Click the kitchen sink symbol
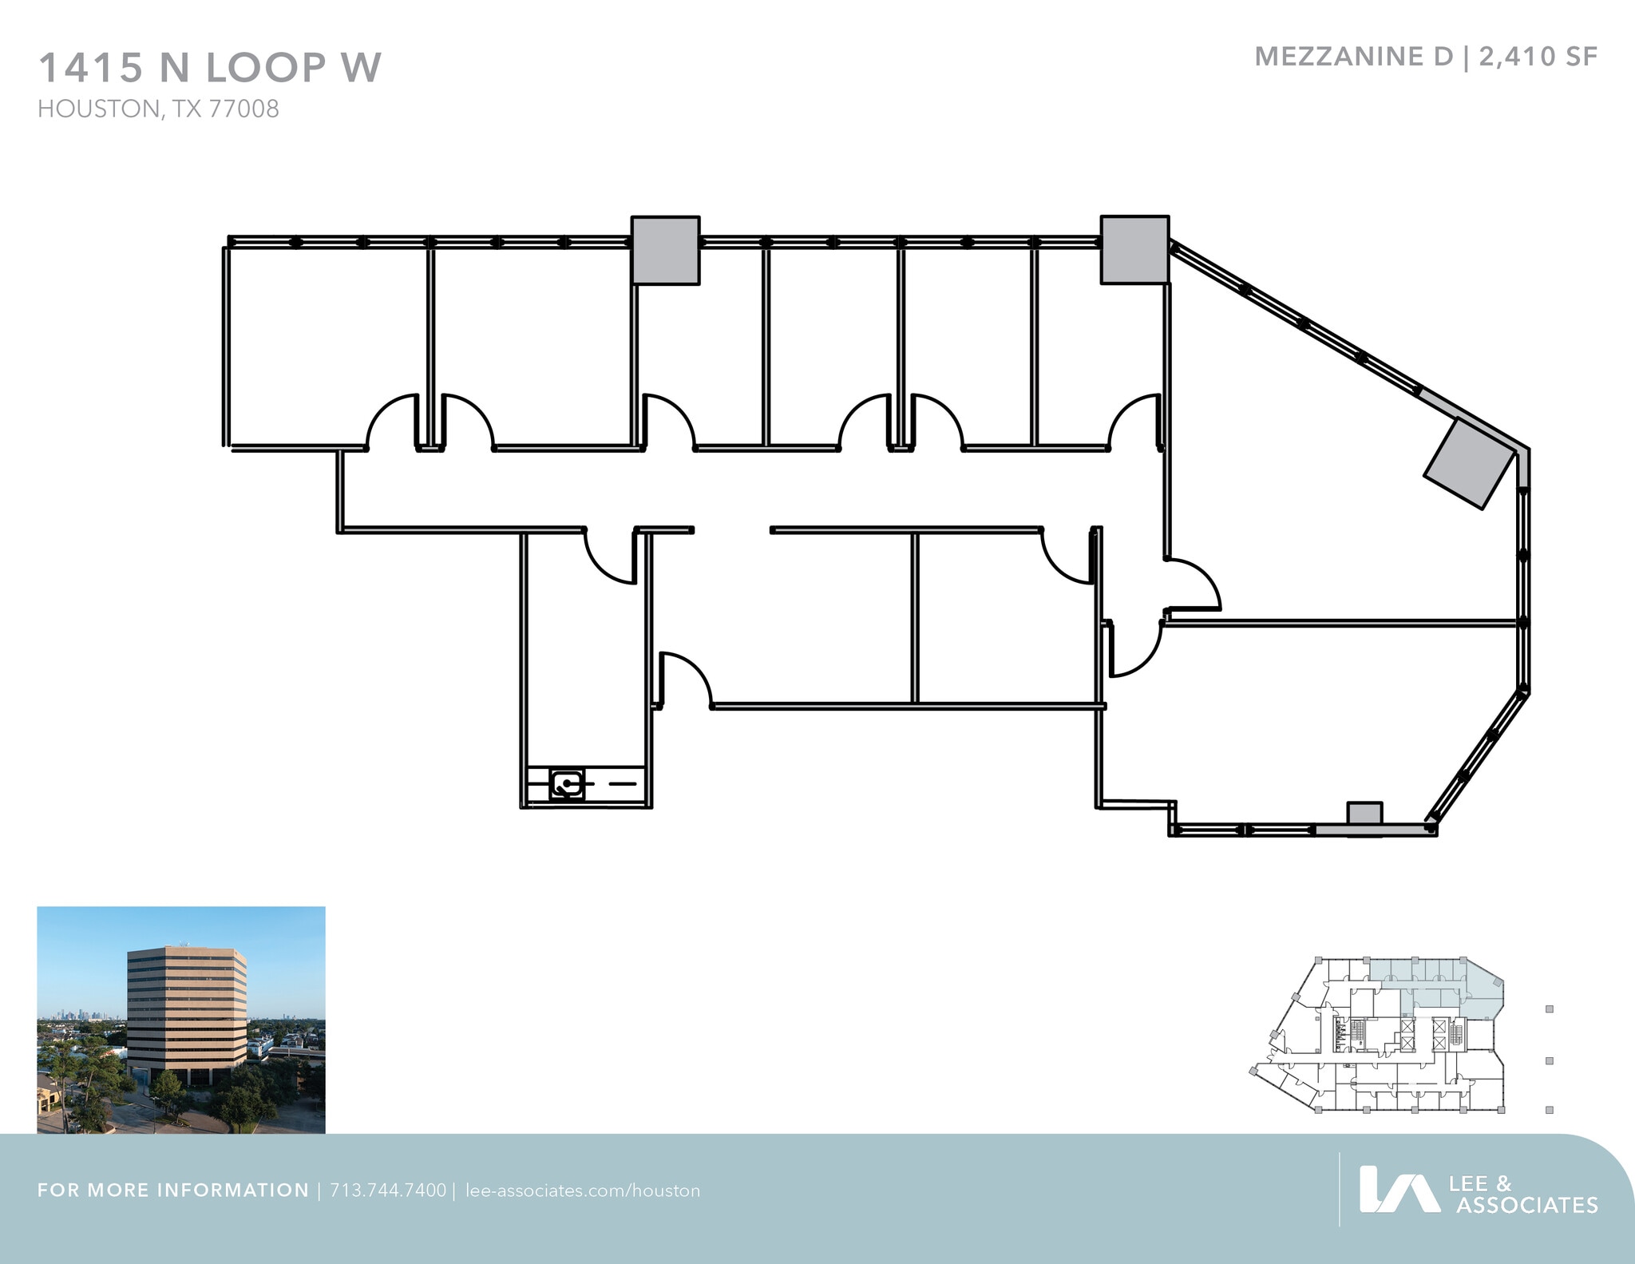pos(567,784)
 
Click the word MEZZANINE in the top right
pos(1353,57)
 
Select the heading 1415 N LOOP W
pos(210,67)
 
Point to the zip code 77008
pos(244,109)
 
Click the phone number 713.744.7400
pos(388,1191)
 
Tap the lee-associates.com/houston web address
pos(582,1191)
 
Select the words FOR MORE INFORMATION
pos(173,1191)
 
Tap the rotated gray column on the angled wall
pos(1470,463)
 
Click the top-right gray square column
pos(1134,249)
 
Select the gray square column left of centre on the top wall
pos(665,250)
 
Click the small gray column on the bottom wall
pos(1364,814)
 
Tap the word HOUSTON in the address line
pos(98,109)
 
